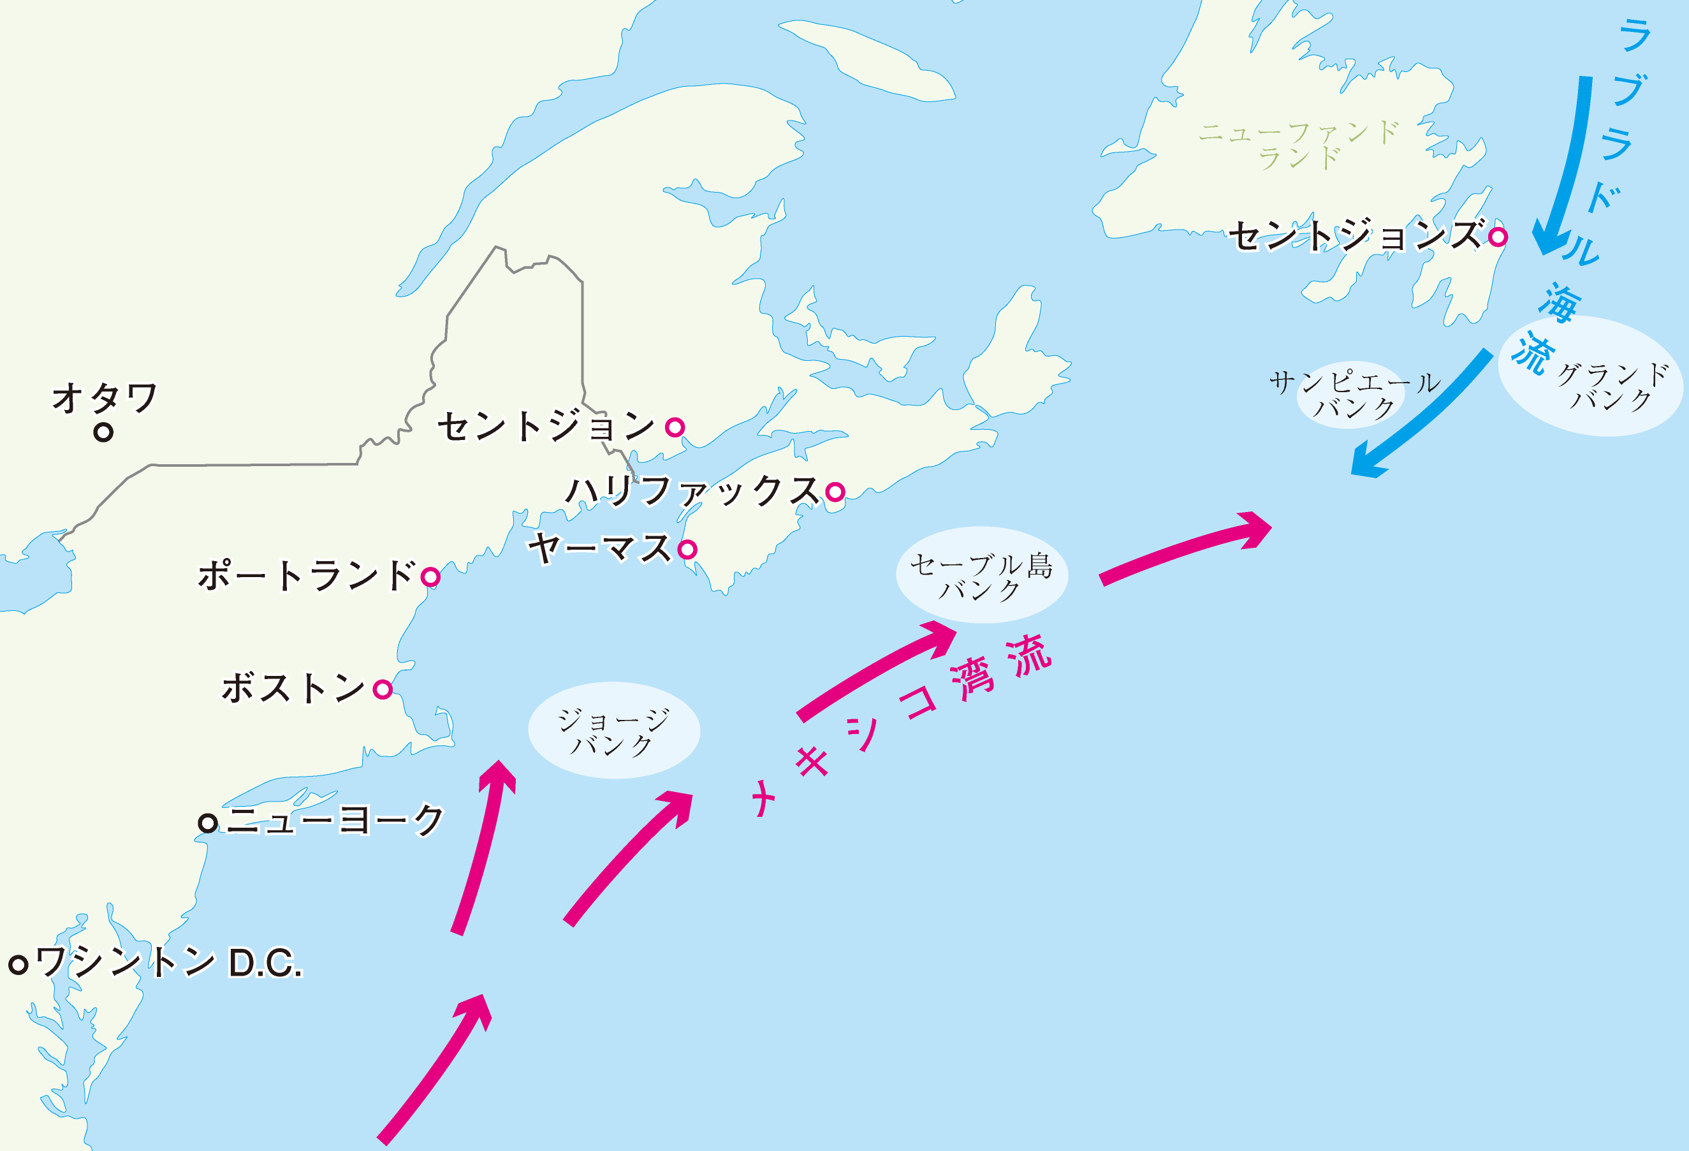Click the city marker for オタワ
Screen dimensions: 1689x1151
(103, 432)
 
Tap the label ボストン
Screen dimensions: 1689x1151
(293, 687)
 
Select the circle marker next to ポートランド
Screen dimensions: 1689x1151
(430, 577)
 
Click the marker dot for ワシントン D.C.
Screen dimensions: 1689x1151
(18, 964)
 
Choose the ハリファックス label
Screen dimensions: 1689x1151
(692, 490)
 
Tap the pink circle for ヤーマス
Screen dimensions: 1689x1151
(687, 549)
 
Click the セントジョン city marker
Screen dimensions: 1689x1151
(675, 427)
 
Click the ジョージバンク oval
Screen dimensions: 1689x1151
(613, 730)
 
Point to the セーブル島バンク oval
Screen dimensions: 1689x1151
(981, 575)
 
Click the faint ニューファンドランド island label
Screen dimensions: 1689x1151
(1299, 145)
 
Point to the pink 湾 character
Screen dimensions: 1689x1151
(972, 678)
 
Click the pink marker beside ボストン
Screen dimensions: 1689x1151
(383, 689)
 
